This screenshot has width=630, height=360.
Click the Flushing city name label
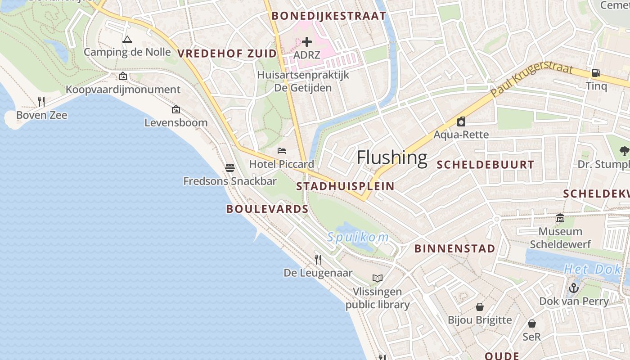[391, 158]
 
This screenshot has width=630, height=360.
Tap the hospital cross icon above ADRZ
[307, 42]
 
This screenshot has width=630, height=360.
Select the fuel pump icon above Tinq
[596, 72]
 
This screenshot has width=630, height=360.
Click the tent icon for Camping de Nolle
[127, 40]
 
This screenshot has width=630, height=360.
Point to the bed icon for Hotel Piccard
[282, 151]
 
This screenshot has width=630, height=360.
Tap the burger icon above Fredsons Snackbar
[230, 168]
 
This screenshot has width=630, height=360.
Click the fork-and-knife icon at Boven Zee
[41, 102]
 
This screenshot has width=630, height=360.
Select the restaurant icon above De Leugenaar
[318, 259]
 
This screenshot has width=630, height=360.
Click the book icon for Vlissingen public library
[378, 278]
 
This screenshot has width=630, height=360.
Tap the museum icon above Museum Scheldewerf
[560, 218]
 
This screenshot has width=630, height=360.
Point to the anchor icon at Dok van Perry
[574, 288]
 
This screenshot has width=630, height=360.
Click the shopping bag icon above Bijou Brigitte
[480, 307]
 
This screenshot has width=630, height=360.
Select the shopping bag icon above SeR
[532, 324]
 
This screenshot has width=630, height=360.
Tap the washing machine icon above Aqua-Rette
[461, 121]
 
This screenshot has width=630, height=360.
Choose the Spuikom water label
[358, 237]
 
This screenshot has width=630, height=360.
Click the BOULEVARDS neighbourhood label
[267, 209]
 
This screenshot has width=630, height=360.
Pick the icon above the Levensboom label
[176, 109]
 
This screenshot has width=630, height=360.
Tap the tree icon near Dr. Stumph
[624, 151]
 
